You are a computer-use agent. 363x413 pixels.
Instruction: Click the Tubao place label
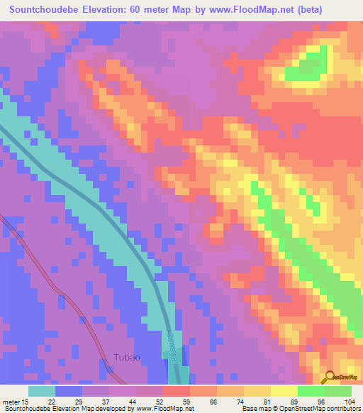pyautogui.click(x=126, y=359)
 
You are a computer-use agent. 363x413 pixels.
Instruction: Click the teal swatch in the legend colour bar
pyautogui.click(x=42, y=391)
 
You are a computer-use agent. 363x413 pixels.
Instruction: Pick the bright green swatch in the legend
pyautogui.click(x=311, y=391)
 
